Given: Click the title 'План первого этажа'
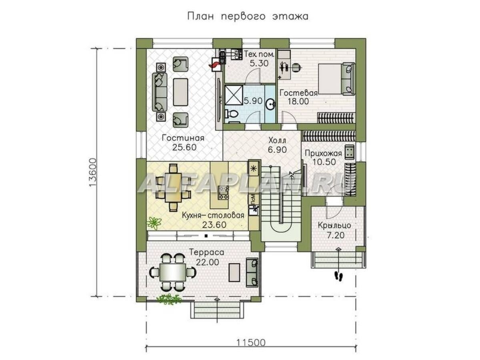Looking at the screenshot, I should click(x=247, y=16).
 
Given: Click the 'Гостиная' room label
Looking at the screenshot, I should click(x=183, y=138).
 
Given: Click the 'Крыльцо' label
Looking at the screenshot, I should click(x=334, y=226).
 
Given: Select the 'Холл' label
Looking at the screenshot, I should click(x=277, y=141).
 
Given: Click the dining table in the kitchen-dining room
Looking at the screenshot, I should click(x=173, y=188).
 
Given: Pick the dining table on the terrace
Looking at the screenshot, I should click(x=173, y=272).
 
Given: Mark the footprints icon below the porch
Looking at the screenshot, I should click(x=338, y=276).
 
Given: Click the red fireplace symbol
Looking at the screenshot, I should click(x=215, y=64).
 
